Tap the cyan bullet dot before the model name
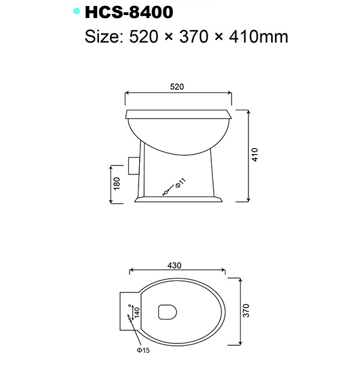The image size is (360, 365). (x=76, y=11)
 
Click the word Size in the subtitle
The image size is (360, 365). (x=103, y=37)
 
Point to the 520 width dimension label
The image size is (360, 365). (x=177, y=87)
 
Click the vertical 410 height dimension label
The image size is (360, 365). (x=255, y=156)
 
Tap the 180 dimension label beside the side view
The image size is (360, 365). (x=117, y=183)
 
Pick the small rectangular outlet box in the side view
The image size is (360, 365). (x=134, y=164)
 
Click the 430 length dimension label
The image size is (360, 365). (x=175, y=266)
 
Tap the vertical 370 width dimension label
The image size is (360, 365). (x=245, y=310)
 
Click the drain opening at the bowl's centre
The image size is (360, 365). (x=166, y=312)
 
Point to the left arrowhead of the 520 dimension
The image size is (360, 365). (x=127, y=93)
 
